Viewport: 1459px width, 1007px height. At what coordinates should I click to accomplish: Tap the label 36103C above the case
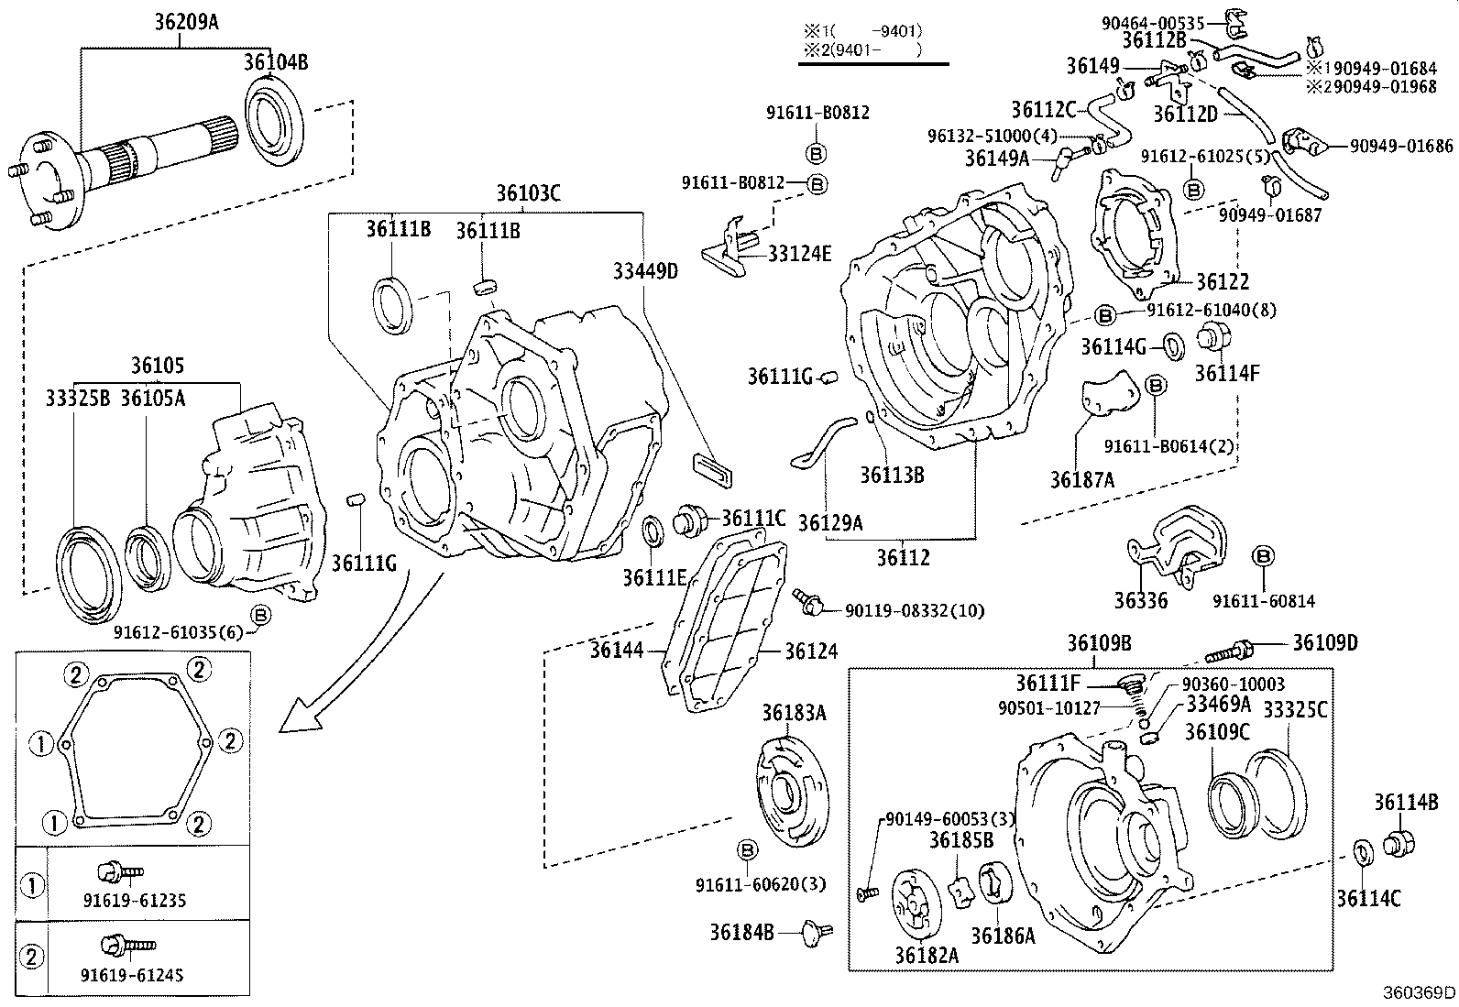click(529, 193)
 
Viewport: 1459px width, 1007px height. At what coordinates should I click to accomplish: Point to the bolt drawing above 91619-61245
click(129, 944)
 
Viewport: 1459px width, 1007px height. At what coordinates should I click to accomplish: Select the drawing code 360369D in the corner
click(1420, 993)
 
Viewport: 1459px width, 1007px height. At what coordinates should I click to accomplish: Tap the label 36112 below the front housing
click(903, 557)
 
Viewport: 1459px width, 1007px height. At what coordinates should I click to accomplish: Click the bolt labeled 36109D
click(1227, 652)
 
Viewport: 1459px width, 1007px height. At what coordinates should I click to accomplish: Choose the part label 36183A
click(794, 712)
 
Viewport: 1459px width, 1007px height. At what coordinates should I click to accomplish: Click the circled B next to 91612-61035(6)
click(260, 614)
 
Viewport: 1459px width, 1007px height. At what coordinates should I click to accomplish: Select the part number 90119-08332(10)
click(914, 610)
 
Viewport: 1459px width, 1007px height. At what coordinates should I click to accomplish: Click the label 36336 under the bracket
click(1140, 601)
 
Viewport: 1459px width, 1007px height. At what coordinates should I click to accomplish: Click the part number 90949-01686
click(1401, 146)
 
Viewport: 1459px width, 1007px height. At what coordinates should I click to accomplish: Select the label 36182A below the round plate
click(927, 955)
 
